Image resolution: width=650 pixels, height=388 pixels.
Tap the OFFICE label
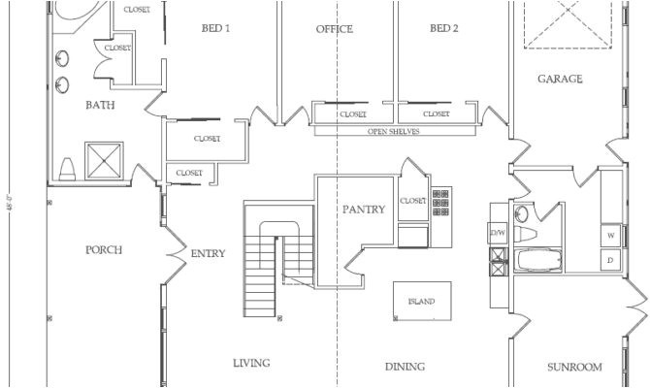pos(334,29)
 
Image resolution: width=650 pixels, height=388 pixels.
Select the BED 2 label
pos(443,29)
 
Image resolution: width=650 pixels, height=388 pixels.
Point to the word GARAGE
pos(560,79)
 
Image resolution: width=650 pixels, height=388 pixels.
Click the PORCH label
pos(103,249)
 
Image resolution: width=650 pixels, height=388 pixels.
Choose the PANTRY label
pos(365,209)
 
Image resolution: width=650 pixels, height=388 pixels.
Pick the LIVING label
pos(251,363)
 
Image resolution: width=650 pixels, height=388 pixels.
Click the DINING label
pos(405,367)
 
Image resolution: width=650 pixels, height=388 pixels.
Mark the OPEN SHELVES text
pos(393,131)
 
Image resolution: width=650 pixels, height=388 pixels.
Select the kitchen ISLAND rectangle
pos(421,301)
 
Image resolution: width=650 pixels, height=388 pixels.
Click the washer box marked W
pos(612,236)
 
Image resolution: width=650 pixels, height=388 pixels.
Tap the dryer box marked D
pos(612,261)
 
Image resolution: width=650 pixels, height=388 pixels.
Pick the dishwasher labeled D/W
pos(498,234)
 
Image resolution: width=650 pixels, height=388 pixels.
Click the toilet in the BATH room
pos(67,171)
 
